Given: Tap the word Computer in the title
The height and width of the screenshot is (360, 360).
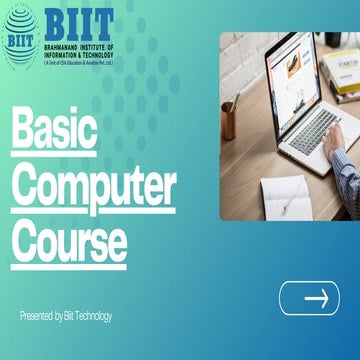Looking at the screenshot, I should point(94,186).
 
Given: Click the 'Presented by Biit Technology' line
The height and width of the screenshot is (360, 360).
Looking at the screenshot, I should point(66,317).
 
